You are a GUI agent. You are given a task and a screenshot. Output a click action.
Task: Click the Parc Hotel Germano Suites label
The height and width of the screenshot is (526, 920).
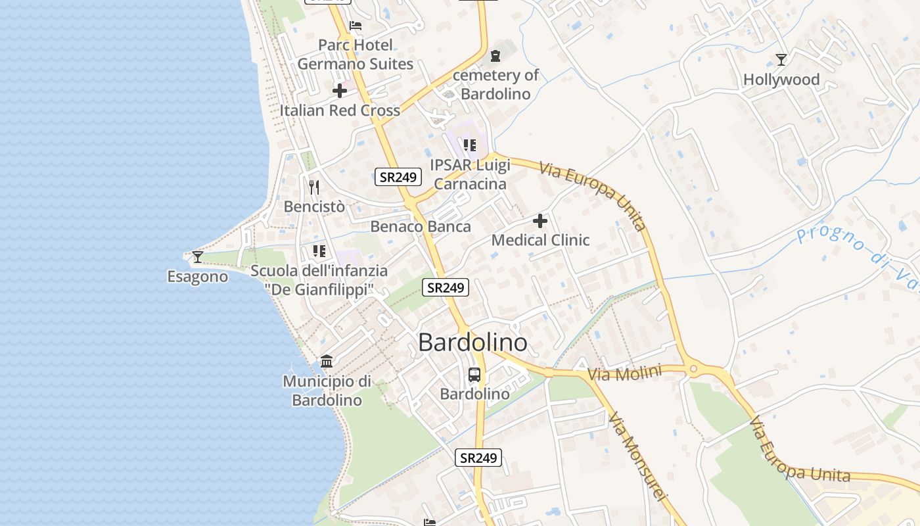coord(355,55)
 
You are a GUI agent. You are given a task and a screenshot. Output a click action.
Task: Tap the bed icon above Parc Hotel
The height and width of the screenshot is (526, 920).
coord(356,26)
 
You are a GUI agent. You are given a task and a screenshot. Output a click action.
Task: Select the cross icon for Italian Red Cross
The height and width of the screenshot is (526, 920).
coord(340,91)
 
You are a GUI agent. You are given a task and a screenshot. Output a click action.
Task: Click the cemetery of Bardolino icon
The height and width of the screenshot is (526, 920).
coord(495,56)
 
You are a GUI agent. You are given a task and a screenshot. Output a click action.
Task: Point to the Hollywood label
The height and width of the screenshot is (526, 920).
coord(781,80)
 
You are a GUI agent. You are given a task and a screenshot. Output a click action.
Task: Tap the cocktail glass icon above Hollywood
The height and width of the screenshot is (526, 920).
coord(781,60)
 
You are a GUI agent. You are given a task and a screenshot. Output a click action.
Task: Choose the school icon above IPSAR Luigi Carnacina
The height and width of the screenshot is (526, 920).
coord(469,145)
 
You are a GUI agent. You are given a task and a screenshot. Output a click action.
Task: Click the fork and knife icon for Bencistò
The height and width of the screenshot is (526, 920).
coord(314,187)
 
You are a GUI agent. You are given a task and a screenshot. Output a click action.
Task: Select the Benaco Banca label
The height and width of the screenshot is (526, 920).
coord(421,227)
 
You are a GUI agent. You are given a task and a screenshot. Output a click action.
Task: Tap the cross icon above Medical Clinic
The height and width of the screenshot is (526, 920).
coord(540,221)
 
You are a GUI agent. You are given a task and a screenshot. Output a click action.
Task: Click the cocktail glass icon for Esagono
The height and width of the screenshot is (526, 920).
coord(197,256)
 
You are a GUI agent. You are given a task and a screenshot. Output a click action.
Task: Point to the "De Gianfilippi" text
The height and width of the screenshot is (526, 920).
coord(319,289)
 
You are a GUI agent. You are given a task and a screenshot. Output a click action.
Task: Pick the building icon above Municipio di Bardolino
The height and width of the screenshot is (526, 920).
coord(327,361)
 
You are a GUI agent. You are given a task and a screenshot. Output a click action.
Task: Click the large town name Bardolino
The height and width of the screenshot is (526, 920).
coord(472,343)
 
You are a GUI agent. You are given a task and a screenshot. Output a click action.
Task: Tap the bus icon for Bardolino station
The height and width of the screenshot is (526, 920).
coord(474,375)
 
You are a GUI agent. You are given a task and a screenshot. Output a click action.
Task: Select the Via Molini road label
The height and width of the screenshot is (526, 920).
coord(624,373)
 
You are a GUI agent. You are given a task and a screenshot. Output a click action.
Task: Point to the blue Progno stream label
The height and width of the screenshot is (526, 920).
coord(854,250)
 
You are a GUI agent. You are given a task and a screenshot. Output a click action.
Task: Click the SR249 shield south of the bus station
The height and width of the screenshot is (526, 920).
coord(478,458)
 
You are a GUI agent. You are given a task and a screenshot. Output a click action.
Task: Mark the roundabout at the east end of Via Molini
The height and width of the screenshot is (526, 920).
coord(693,370)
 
